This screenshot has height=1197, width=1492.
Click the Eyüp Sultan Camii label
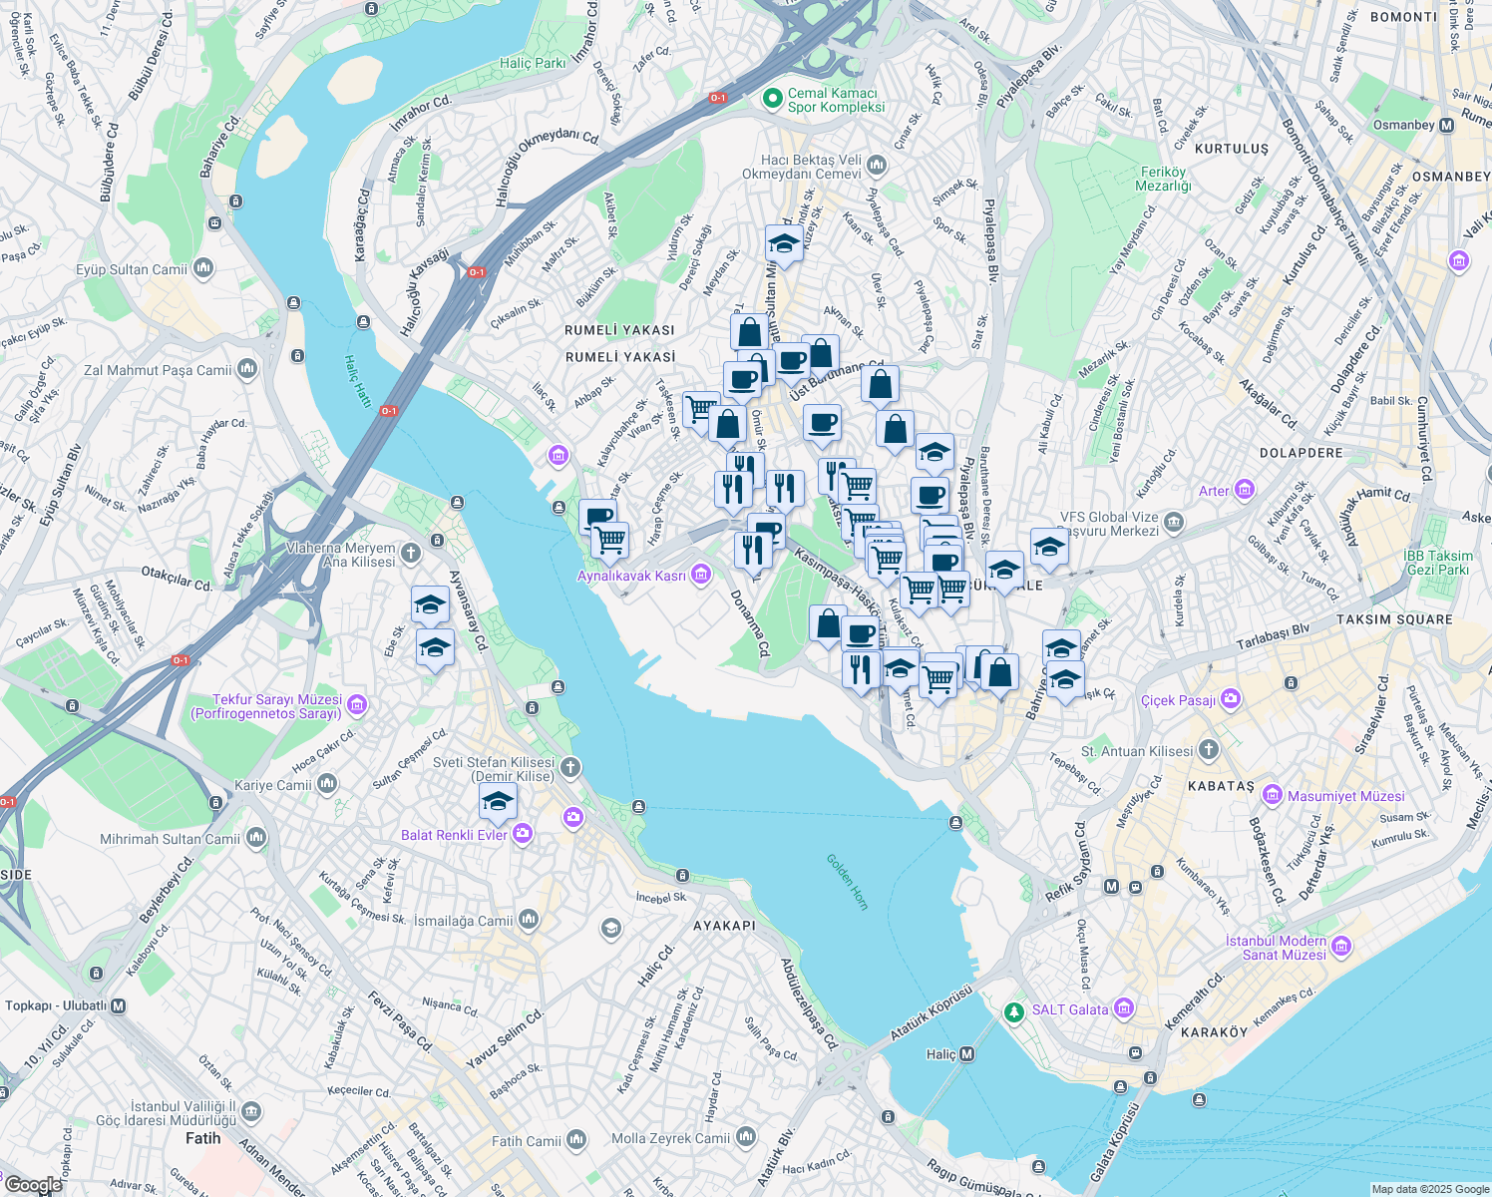pyautogui.click(x=132, y=269)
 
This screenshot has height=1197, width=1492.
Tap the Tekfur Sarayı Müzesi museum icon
pyautogui.click(x=357, y=706)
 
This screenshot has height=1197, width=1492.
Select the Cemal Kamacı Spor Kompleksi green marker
pyautogui.click(x=771, y=99)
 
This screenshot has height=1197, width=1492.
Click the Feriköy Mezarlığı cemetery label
pyautogui.click(x=1163, y=179)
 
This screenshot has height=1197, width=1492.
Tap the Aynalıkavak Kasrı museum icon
pyautogui.click(x=701, y=575)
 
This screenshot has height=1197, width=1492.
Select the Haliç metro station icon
pyautogui.click(x=965, y=1054)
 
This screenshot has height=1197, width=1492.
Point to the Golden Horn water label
pyautogui.click(x=848, y=881)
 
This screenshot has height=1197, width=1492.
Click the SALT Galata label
pyautogui.click(x=1070, y=1009)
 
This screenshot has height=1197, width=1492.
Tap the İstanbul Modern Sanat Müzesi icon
pyautogui.click(x=1341, y=946)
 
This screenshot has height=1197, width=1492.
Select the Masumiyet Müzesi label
pyautogui.click(x=1345, y=796)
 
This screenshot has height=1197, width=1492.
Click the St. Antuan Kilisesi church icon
pyautogui.click(x=1208, y=750)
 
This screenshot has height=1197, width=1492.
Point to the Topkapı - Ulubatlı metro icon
pyautogui.click(x=119, y=1005)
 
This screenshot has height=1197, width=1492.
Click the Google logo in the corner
pyautogui.click(x=33, y=1185)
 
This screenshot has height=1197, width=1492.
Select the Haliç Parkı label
pyautogui.click(x=533, y=63)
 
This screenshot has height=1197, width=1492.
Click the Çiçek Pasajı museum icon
pyautogui.click(x=1231, y=699)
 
